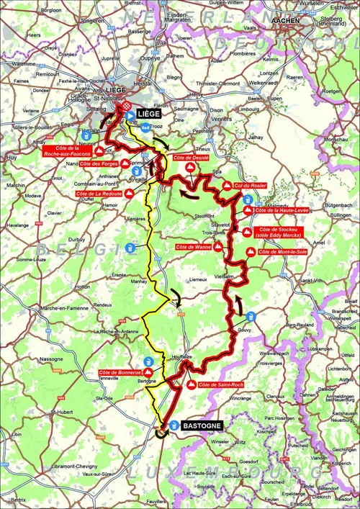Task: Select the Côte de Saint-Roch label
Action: pyautogui.click(x=219, y=385)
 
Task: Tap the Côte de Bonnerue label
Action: pyautogui.click(x=120, y=372)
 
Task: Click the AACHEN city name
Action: pyautogui.click(x=288, y=22)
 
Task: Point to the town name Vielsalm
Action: pyautogui.click(x=225, y=276)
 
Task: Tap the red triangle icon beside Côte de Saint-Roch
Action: pyautogui.click(x=191, y=385)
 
